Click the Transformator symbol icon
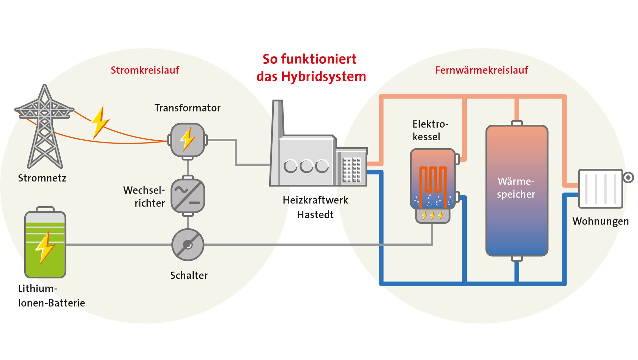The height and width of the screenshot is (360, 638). tap(188, 140)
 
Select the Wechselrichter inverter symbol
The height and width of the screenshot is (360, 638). tap(188, 196)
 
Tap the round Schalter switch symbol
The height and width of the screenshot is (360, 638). tap(188, 245)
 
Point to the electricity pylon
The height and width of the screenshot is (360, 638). tap(45, 128)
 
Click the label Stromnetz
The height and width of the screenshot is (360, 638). tap(42, 178)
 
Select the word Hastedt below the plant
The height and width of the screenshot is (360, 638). tap(315, 215)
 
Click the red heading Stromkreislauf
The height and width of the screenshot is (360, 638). tap(145, 70)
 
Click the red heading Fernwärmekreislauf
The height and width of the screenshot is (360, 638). tap(481, 70)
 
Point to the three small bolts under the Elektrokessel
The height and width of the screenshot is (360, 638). tap(433, 216)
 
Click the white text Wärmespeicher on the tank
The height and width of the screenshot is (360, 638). tap(516, 188)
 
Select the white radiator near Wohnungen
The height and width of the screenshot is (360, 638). tap(600, 189)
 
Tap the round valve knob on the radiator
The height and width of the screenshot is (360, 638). tap(628, 177)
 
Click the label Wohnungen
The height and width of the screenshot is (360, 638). tap(600, 221)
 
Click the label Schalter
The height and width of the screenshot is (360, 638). tap(189, 275)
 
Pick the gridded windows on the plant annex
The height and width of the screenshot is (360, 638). tap(352, 169)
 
